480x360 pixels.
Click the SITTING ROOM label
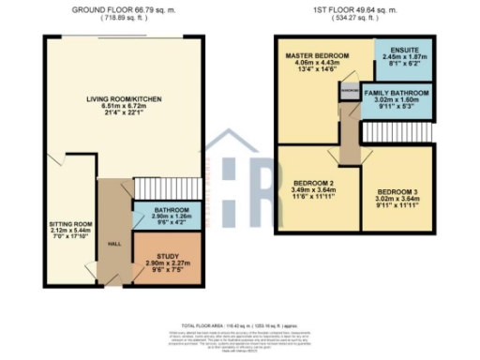click(x=69, y=225)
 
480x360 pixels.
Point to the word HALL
click(x=115, y=243)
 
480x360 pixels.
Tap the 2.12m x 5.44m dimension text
click(x=69, y=232)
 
